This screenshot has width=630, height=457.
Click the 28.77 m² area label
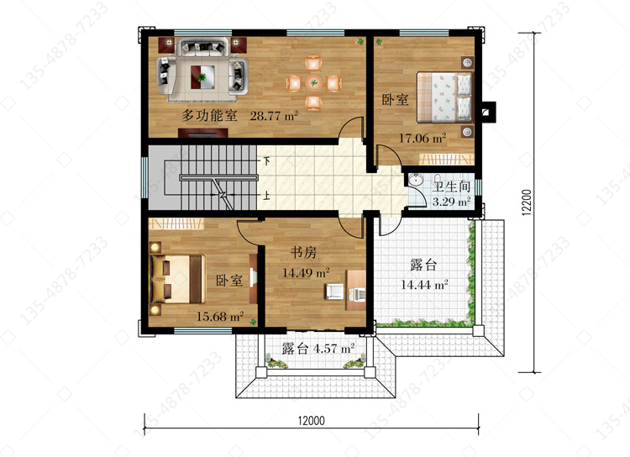[x=274, y=116]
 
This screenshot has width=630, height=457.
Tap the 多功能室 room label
[x=209, y=115]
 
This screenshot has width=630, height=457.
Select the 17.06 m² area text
[x=423, y=139]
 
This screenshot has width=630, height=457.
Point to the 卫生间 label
[x=451, y=186]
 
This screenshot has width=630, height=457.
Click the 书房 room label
[x=303, y=252]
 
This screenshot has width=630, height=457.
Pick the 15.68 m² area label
[x=220, y=317]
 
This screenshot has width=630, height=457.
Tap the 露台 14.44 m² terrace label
[x=424, y=275]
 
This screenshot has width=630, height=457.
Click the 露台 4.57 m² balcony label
[x=318, y=348]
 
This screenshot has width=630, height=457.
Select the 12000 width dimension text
[x=311, y=420]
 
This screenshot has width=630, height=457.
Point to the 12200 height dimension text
[x=527, y=202]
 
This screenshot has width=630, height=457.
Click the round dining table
[x=313, y=83]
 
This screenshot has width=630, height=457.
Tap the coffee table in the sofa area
[x=202, y=76]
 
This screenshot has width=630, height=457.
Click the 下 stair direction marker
[x=266, y=161]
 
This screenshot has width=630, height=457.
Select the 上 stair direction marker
[x=266, y=196]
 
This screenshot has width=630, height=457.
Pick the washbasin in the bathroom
[x=415, y=180]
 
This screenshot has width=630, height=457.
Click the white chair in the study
[x=334, y=292]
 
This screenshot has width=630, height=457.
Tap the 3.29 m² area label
[x=451, y=202]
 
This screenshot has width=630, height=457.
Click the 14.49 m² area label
[x=306, y=273]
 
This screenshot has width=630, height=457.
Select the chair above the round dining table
[x=313, y=64]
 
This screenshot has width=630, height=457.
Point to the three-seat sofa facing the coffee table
[x=203, y=47]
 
